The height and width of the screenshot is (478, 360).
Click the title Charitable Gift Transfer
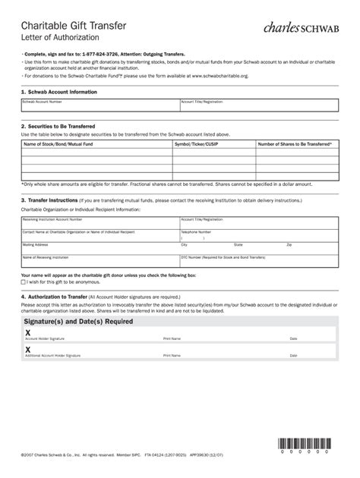pyautogui.click(x=77, y=27)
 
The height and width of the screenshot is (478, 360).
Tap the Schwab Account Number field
pyautogui.click(x=99, y=107)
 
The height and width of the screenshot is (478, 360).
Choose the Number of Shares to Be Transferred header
pyautogui.click(x=294, y=143)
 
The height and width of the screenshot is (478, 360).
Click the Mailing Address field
pyautogui.click(x=99, y=249)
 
